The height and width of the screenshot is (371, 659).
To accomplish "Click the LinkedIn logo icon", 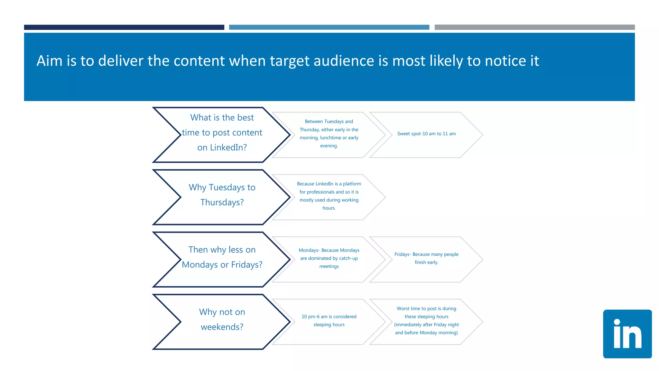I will coord(627,334).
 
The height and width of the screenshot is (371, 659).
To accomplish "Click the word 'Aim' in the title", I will coord(49,61).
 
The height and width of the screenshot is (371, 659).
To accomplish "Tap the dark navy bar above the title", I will coord(124,27).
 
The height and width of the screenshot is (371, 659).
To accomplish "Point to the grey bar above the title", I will coord(534,27).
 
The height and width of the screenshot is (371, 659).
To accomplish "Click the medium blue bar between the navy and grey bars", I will coord(329,27).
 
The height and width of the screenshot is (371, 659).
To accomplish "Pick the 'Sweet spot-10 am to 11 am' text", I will coord(426,134).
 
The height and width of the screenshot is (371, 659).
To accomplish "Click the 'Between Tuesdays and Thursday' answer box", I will coord(329,134).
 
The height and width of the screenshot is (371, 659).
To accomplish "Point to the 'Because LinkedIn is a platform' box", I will coord(329,196).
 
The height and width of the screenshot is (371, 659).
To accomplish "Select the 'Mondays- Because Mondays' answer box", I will coord(329,258).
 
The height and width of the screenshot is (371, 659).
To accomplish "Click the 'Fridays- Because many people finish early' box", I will coord(426,258).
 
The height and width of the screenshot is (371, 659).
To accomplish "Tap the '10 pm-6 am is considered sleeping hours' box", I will coord(329,320).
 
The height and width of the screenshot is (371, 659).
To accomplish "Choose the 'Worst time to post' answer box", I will coord(426,320).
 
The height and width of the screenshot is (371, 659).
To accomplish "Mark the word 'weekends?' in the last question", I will coord(222,327).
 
